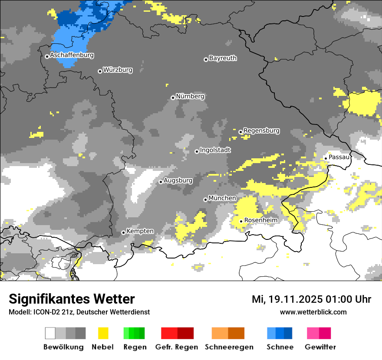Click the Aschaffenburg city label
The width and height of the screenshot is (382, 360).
click(x=72, y=56)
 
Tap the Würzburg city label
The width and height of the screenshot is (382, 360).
click(x=118, y=70)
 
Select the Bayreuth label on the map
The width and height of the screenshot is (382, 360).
click(x=223, y=58)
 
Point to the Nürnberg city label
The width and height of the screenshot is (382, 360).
click(x=190, y=97)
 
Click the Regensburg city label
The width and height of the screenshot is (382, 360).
click(x=261, y=131)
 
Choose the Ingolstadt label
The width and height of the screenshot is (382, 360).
click(x=215, y=150)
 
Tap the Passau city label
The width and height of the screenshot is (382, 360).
click(x=339, y=157)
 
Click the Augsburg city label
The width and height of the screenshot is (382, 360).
click(x=178, y=180)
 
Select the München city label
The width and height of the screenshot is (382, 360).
click(x=222, y=198)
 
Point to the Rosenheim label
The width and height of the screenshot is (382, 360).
click(x=260, y=220)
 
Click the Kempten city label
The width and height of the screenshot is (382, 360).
click(x=140, y=231)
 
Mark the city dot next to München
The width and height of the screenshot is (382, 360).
click(x=205, y=200)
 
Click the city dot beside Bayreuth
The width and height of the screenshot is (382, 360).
click(x=206, y=59)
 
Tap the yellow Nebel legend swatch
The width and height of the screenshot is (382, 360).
click(x=103, y=333)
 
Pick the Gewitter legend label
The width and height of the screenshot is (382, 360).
click(x=320, y=347)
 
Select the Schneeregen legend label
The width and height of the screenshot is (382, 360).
click(x=229, y=347)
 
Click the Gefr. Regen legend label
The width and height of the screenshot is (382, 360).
click(x=177, y=347)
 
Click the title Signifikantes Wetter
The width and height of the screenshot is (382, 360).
click(x=72, y=299)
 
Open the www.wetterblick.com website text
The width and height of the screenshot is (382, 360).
click(x=313, y=312)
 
